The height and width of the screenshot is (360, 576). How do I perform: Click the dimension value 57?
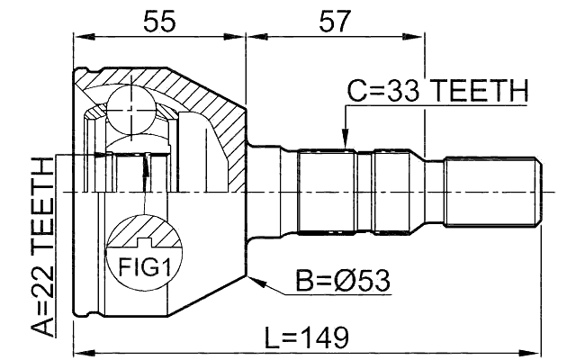[335, 22]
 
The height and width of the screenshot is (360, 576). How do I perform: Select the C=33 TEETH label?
[438, 91]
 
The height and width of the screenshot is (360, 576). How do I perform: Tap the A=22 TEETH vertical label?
[42, 244]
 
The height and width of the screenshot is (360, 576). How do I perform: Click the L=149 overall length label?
[306, 337]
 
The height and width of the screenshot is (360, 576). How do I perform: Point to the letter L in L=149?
[272, 337]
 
